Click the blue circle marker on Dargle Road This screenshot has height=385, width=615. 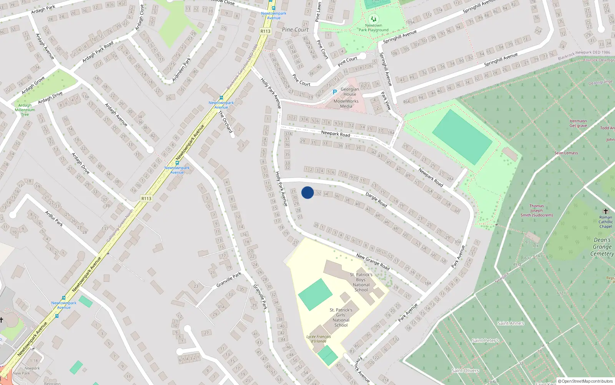[307, 192]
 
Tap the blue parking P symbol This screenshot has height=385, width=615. [334, 92]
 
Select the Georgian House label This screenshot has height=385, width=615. [350, 92]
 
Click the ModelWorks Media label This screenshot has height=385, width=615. [346, 104]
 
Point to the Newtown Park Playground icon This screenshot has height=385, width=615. [373, 19]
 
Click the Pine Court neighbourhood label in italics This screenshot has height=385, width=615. [295, 30]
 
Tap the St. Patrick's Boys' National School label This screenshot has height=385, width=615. [361, 282]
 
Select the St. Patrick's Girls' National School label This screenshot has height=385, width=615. [341, 317]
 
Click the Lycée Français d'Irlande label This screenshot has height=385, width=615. [319, 339]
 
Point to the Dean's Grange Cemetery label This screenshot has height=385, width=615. [602, 246]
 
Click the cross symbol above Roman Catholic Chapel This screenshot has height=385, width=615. [606, 211]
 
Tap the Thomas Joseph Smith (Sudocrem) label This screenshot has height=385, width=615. [537, 211]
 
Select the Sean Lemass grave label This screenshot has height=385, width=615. [566, 153]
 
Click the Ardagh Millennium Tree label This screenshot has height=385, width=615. [25, 110]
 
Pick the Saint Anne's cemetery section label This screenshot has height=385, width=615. [511, 323]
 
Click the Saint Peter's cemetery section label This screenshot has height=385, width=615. [485, 340]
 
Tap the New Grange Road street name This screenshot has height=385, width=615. [373, 261]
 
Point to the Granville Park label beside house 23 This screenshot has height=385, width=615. [229, 279]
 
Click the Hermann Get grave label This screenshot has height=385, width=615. [578, 123]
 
